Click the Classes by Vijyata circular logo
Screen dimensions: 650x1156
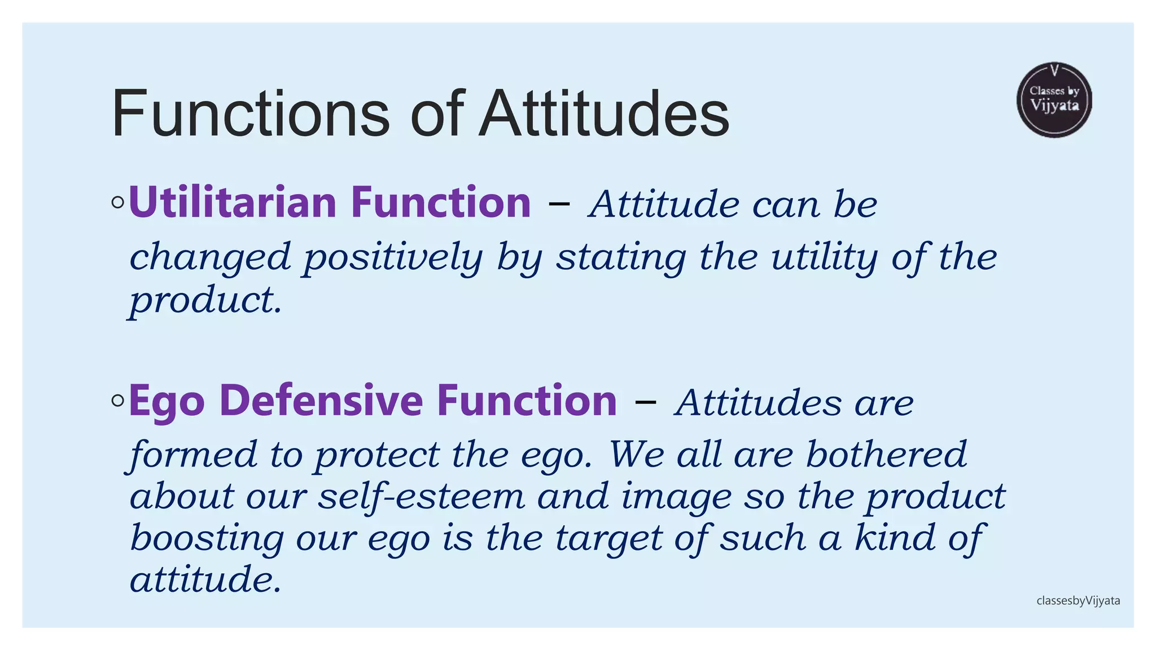tap(1054, 100)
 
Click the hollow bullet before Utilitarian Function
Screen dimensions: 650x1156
tap(117, 203)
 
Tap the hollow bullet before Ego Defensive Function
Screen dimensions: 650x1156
tap(117, 401)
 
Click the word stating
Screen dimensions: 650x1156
tap(621, 258)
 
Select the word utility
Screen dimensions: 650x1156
tap(824, 258)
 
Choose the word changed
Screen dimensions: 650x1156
tap(210, 258)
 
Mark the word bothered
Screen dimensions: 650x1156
tap(886, 455)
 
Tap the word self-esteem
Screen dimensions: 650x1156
tap(421, 497)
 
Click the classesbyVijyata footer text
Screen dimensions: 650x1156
tap(1078, 601)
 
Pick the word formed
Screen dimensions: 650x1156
tap(193, 455)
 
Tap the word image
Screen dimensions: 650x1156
tap(676, 497)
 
